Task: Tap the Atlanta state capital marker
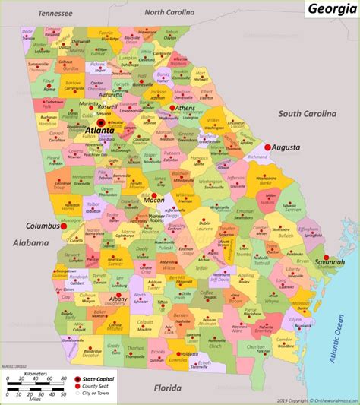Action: point(101,121)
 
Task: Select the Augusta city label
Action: point(287,147)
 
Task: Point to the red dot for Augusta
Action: point(267,147)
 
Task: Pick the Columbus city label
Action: point(43,226)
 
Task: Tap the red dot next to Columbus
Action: point(65,226)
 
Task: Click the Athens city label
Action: point(185,109)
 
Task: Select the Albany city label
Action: point(118,300)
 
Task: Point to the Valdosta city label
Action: point(185,354)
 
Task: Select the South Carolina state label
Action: point(306,114)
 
